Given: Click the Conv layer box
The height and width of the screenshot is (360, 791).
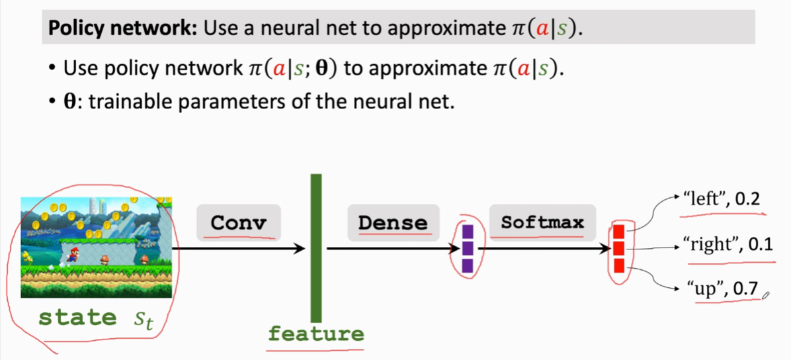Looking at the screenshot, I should [x=238, y=222].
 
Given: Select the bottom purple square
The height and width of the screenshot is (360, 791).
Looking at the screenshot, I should [x=468, y=265].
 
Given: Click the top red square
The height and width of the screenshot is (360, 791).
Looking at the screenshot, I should [x=619, y=232].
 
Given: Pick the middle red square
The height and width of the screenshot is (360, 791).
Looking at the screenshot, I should [x=619, y=249].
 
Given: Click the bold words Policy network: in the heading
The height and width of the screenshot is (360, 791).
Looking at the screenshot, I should [x=123, y=29].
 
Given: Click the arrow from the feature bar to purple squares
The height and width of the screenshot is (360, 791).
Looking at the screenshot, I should [x=390, y=249].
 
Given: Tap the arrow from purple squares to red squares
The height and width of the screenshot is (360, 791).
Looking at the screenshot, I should [x=542, y=249].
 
